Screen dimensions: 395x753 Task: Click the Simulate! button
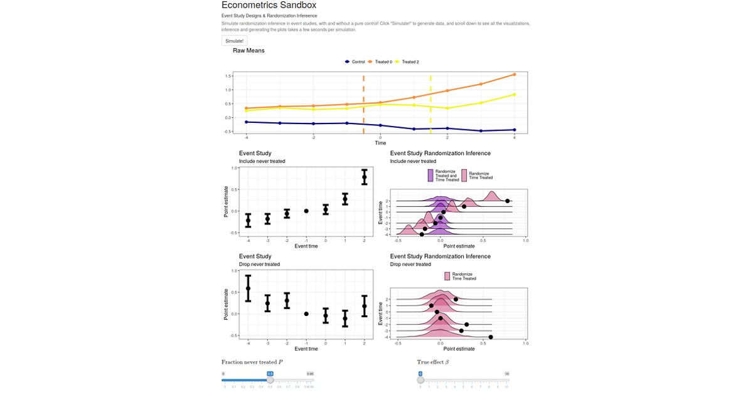point(235,41)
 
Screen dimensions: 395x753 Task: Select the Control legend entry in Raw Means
point(355,62)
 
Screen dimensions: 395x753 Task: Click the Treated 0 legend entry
point(380,62)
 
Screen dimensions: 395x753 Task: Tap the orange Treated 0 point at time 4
point(515,75)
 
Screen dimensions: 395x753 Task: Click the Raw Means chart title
point(248,50)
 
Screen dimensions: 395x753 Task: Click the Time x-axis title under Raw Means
point(380,143)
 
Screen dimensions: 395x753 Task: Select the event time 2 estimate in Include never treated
point(364,177)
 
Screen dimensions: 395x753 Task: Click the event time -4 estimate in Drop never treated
point(248,288)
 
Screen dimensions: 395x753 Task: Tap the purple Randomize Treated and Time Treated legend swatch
point(430,176)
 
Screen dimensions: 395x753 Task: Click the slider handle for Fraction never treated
point(270,380)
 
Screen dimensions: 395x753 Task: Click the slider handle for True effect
point(420,380)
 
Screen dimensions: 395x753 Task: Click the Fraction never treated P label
point(252,362)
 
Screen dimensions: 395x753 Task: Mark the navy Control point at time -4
point(247,122)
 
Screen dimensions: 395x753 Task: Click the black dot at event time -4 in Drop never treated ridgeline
point(491,337)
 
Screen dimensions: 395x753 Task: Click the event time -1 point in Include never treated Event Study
point(306,211)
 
